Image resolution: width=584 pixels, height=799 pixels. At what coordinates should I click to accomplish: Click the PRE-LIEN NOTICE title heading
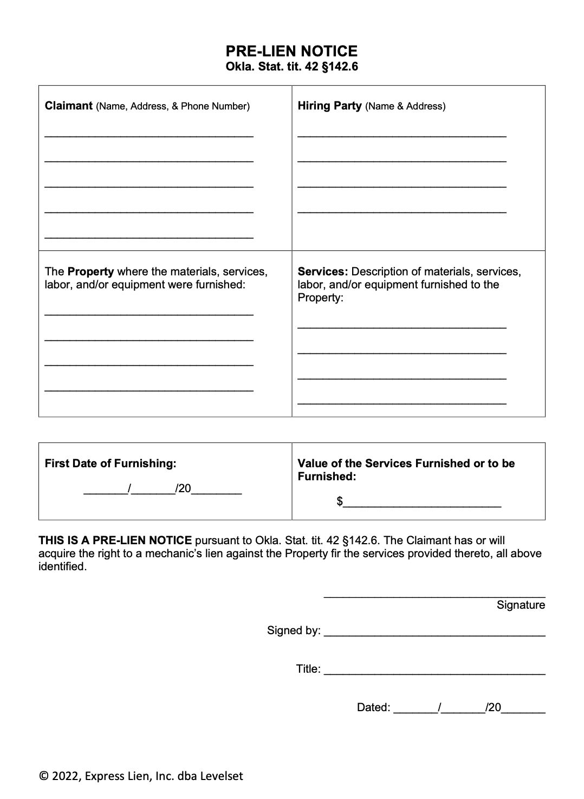click(291, 51)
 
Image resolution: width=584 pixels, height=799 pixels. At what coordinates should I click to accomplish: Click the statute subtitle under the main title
click(291, 67)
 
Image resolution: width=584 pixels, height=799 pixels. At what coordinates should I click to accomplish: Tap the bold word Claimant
click(69, 106)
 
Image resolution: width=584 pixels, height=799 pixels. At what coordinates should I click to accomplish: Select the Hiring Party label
click(329, 106)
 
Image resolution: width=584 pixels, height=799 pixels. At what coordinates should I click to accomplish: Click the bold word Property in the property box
click(90, 271)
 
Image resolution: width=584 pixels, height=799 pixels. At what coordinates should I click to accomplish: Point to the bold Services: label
click(323, 271)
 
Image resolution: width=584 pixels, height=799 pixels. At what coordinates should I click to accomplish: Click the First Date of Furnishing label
click(111, 463)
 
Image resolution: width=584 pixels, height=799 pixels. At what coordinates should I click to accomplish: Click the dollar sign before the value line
click(340, 501)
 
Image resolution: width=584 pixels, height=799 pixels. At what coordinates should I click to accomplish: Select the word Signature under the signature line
click(521, 605)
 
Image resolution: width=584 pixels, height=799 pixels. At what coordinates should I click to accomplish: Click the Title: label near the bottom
click(308, 669)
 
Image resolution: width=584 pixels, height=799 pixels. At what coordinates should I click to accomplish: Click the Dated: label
click(373, 707)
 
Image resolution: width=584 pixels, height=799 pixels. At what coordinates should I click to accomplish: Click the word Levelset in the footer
click(222, 776)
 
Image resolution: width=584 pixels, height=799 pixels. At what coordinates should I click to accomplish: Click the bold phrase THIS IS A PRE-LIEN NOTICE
click(115, 540)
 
